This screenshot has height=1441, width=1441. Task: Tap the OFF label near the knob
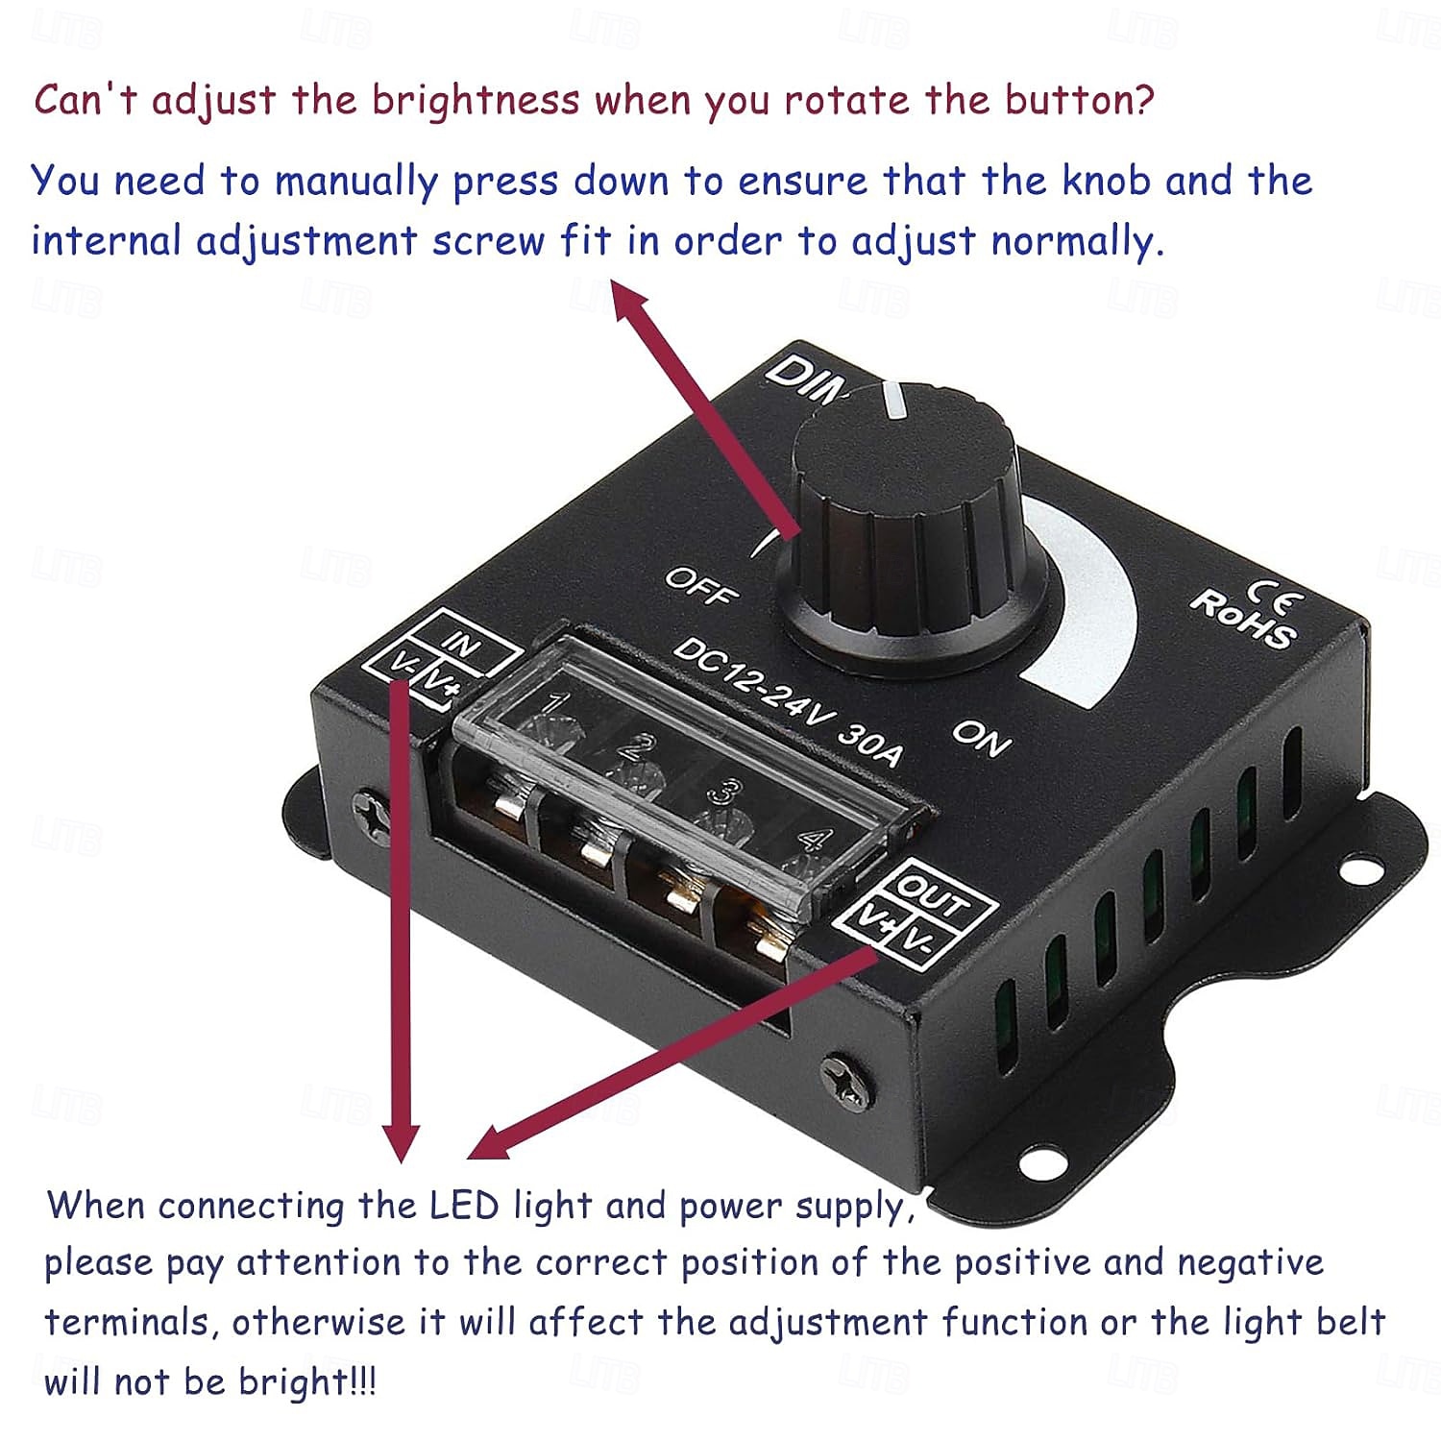point(702,586)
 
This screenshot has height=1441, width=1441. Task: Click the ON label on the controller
point(981,737)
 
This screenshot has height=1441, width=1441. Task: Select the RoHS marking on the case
point(1243,618)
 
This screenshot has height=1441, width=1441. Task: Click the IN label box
point(463,643)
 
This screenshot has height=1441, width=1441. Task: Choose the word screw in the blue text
point(488,240)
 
